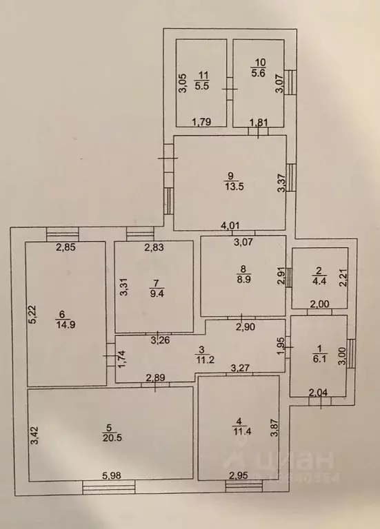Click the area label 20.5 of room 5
click(x=112, y=438)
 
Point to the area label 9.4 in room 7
click(x=157, y=293)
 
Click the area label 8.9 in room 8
click(x=243, y=280)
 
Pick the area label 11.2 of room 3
click(x=205, y=360)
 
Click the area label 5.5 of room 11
click(x=201, y=85)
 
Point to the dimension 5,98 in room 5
click(x=112, y=475)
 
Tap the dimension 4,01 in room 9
click(x=230, y=225)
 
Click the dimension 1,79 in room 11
click(x=201, y=121)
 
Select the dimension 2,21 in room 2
click(x=343, y=278)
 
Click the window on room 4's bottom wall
click(x=244, y=486)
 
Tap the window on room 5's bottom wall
click(x=108, y=488)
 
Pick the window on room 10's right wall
click(x=290, y=83)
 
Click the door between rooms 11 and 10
click(x=230, y=89)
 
